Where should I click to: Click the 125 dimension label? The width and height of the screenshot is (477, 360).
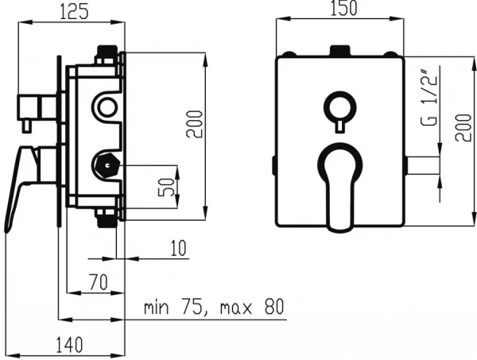[x=74, y=13]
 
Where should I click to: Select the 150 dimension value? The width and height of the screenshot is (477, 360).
[x=343, y=9]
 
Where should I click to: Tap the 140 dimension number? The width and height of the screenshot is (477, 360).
[x=69, y=345]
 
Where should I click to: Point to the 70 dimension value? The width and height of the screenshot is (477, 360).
[x=99, y=282]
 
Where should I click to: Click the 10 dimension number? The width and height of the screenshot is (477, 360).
[x=178, y=248]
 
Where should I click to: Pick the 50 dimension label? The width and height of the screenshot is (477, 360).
[x=167, y=188]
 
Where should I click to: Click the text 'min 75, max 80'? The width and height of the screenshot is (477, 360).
[x=214, y=307]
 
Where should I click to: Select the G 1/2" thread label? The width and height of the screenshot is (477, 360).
[x=429, y=98]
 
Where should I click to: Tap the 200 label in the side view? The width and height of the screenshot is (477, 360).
[x=195, y=124]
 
